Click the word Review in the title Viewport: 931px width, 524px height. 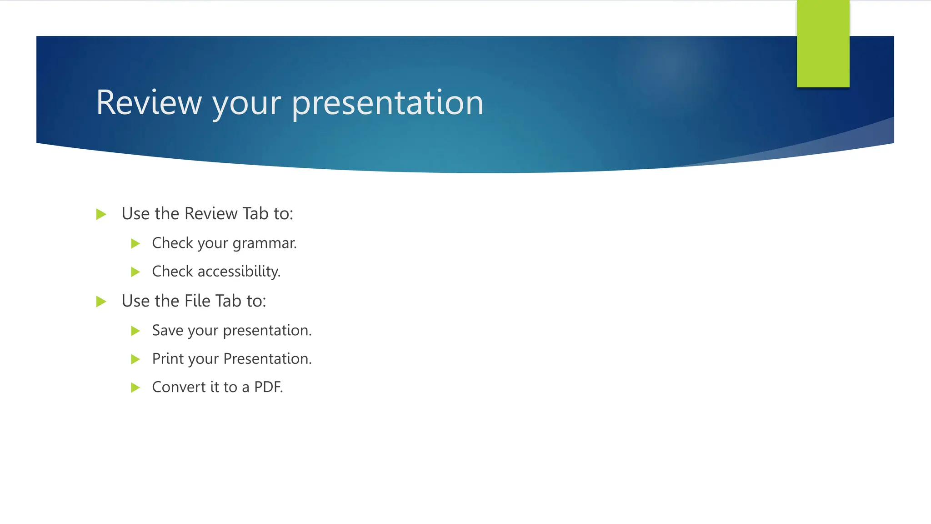[x=149, y=103]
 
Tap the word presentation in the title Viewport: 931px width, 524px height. [x=387, y=103]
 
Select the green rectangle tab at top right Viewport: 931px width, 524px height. [x=823, y=44]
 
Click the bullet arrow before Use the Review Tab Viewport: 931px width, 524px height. [x=101, y=214]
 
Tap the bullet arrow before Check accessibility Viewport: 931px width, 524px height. [x=135, y=272]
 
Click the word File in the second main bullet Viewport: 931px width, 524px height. [x=198, y=301]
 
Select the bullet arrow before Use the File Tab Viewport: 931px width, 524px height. [x=101, y=302]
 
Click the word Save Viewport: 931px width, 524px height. [x=167, y=331]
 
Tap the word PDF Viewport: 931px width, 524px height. [x=268, y=387]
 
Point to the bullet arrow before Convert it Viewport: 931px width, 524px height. [x=135, y=388]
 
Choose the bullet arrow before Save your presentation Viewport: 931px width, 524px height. [x=135, y=331]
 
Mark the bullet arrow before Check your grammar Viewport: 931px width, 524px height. [x=135, y=244]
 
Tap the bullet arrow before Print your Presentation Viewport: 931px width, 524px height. [x=135, y=359]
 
